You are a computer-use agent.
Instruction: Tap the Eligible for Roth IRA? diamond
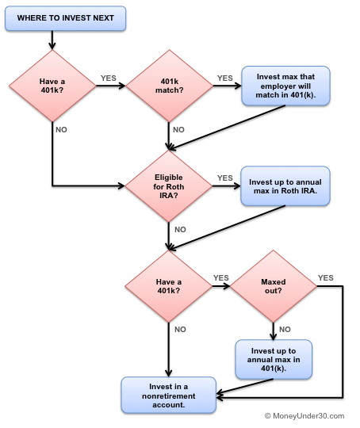point(168,185)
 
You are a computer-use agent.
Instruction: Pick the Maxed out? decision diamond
point(273,287)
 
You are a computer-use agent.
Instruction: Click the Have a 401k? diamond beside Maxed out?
point(168,287)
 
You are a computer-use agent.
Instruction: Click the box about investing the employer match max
point(285,86)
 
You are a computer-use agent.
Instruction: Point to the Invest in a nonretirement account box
point(168,395)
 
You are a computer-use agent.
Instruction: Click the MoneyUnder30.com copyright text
point(304,415)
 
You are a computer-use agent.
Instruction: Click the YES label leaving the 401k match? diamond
point(225,78)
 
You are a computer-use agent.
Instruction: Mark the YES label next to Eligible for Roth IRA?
point(225,178)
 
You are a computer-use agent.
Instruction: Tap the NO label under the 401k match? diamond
point(178,129)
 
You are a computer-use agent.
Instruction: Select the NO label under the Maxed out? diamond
point(284,329)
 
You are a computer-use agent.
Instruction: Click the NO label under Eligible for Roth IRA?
point(180,229)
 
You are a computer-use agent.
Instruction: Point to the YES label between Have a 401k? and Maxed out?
point(220,278)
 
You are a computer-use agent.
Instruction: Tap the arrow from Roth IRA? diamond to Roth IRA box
point(225,186)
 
